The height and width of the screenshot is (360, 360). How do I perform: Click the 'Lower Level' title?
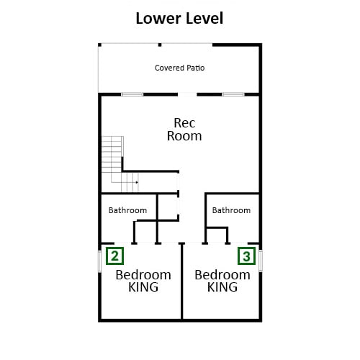179,18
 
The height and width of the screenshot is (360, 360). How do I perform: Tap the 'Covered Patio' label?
180,68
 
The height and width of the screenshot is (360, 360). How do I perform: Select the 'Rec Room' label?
184,130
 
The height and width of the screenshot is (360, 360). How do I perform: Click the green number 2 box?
114,256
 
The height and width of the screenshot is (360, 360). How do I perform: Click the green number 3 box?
246,256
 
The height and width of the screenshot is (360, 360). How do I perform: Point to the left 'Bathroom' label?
127,210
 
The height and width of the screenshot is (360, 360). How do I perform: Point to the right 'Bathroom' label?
231,210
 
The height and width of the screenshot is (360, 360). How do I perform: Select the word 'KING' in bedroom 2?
143,287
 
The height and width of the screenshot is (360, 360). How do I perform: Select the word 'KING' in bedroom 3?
222,287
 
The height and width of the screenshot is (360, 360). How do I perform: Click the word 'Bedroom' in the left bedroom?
143,275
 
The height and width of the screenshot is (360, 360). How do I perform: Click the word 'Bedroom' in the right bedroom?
222,275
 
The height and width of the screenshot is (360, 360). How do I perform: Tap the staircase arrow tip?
138,182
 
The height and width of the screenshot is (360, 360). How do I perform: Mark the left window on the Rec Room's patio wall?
132,94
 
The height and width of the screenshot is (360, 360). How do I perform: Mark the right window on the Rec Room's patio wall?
233,94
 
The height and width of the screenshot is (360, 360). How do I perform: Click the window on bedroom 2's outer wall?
100,261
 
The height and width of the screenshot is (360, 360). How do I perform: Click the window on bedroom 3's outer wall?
261,261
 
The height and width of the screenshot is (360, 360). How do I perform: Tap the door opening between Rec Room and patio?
187,94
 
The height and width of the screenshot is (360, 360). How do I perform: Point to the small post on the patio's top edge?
160,45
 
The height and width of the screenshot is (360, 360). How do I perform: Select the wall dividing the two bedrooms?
182,282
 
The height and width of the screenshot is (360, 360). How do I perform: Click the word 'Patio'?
196,68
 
